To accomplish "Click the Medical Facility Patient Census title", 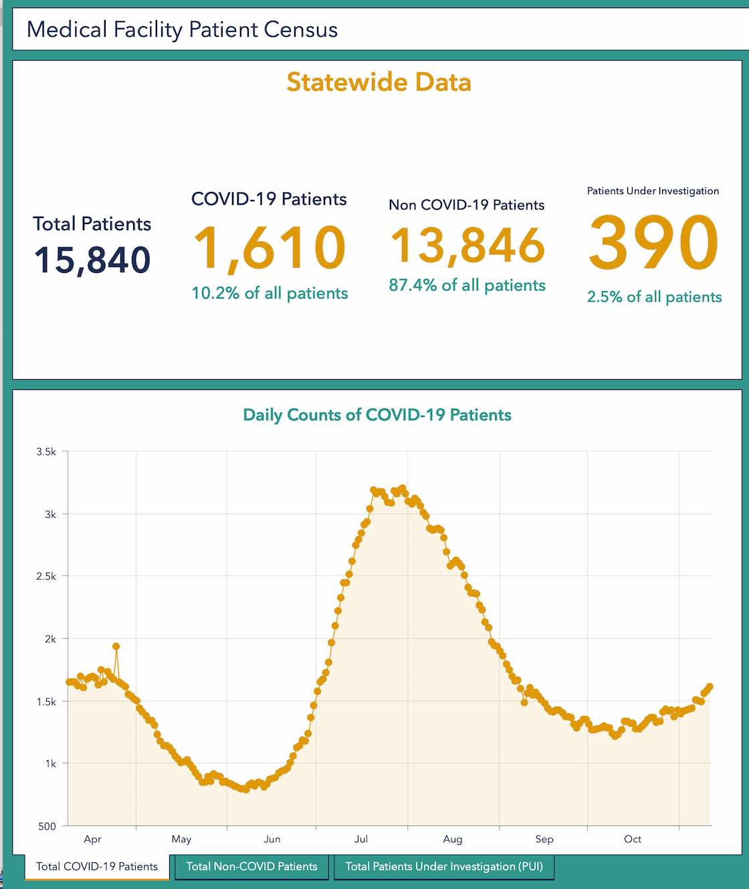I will pyautogui.click(x=182, y=30).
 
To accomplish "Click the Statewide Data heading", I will pyautogui.click(x=379, y=82).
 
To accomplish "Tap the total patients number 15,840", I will pyautogui.click(x=92, y=260).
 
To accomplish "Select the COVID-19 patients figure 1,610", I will pyautogui.click(x=270, y=248).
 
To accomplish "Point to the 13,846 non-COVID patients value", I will pyautogui.click(x=467, y=245).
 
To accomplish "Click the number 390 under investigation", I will pyautogui.click(x=653, y=243).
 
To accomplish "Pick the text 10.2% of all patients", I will pyautogui.click(x=270, y=294).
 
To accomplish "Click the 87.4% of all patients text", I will pyautogui.click(x=467, y=286).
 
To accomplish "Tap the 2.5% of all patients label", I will pyautogui.click(x=654, y=297).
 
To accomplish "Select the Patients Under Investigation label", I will pyautogui.click(x=653, y=191).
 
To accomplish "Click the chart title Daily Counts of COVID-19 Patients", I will pyautogui.click(x=377, y=415).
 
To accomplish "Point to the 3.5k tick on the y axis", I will pyautogui.click(x=46, y=452).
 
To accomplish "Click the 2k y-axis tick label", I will pyautogui.click(x=50, y=639).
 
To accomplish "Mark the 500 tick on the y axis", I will pyautogui.click(x=47, y=826).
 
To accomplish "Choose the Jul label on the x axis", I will pyautogui.click(x=361, y=839).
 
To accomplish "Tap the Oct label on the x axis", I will pyautogui.click(x=633, y=839).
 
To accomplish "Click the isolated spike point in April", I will pyautogui.click(x=116, y=646).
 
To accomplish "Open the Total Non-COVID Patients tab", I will pyautogui.click(x=251, y=867).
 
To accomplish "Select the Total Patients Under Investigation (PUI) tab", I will pyautogui.click(x=444, y=867).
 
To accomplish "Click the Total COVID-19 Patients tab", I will pyautogui.click(x=97, y=867).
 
